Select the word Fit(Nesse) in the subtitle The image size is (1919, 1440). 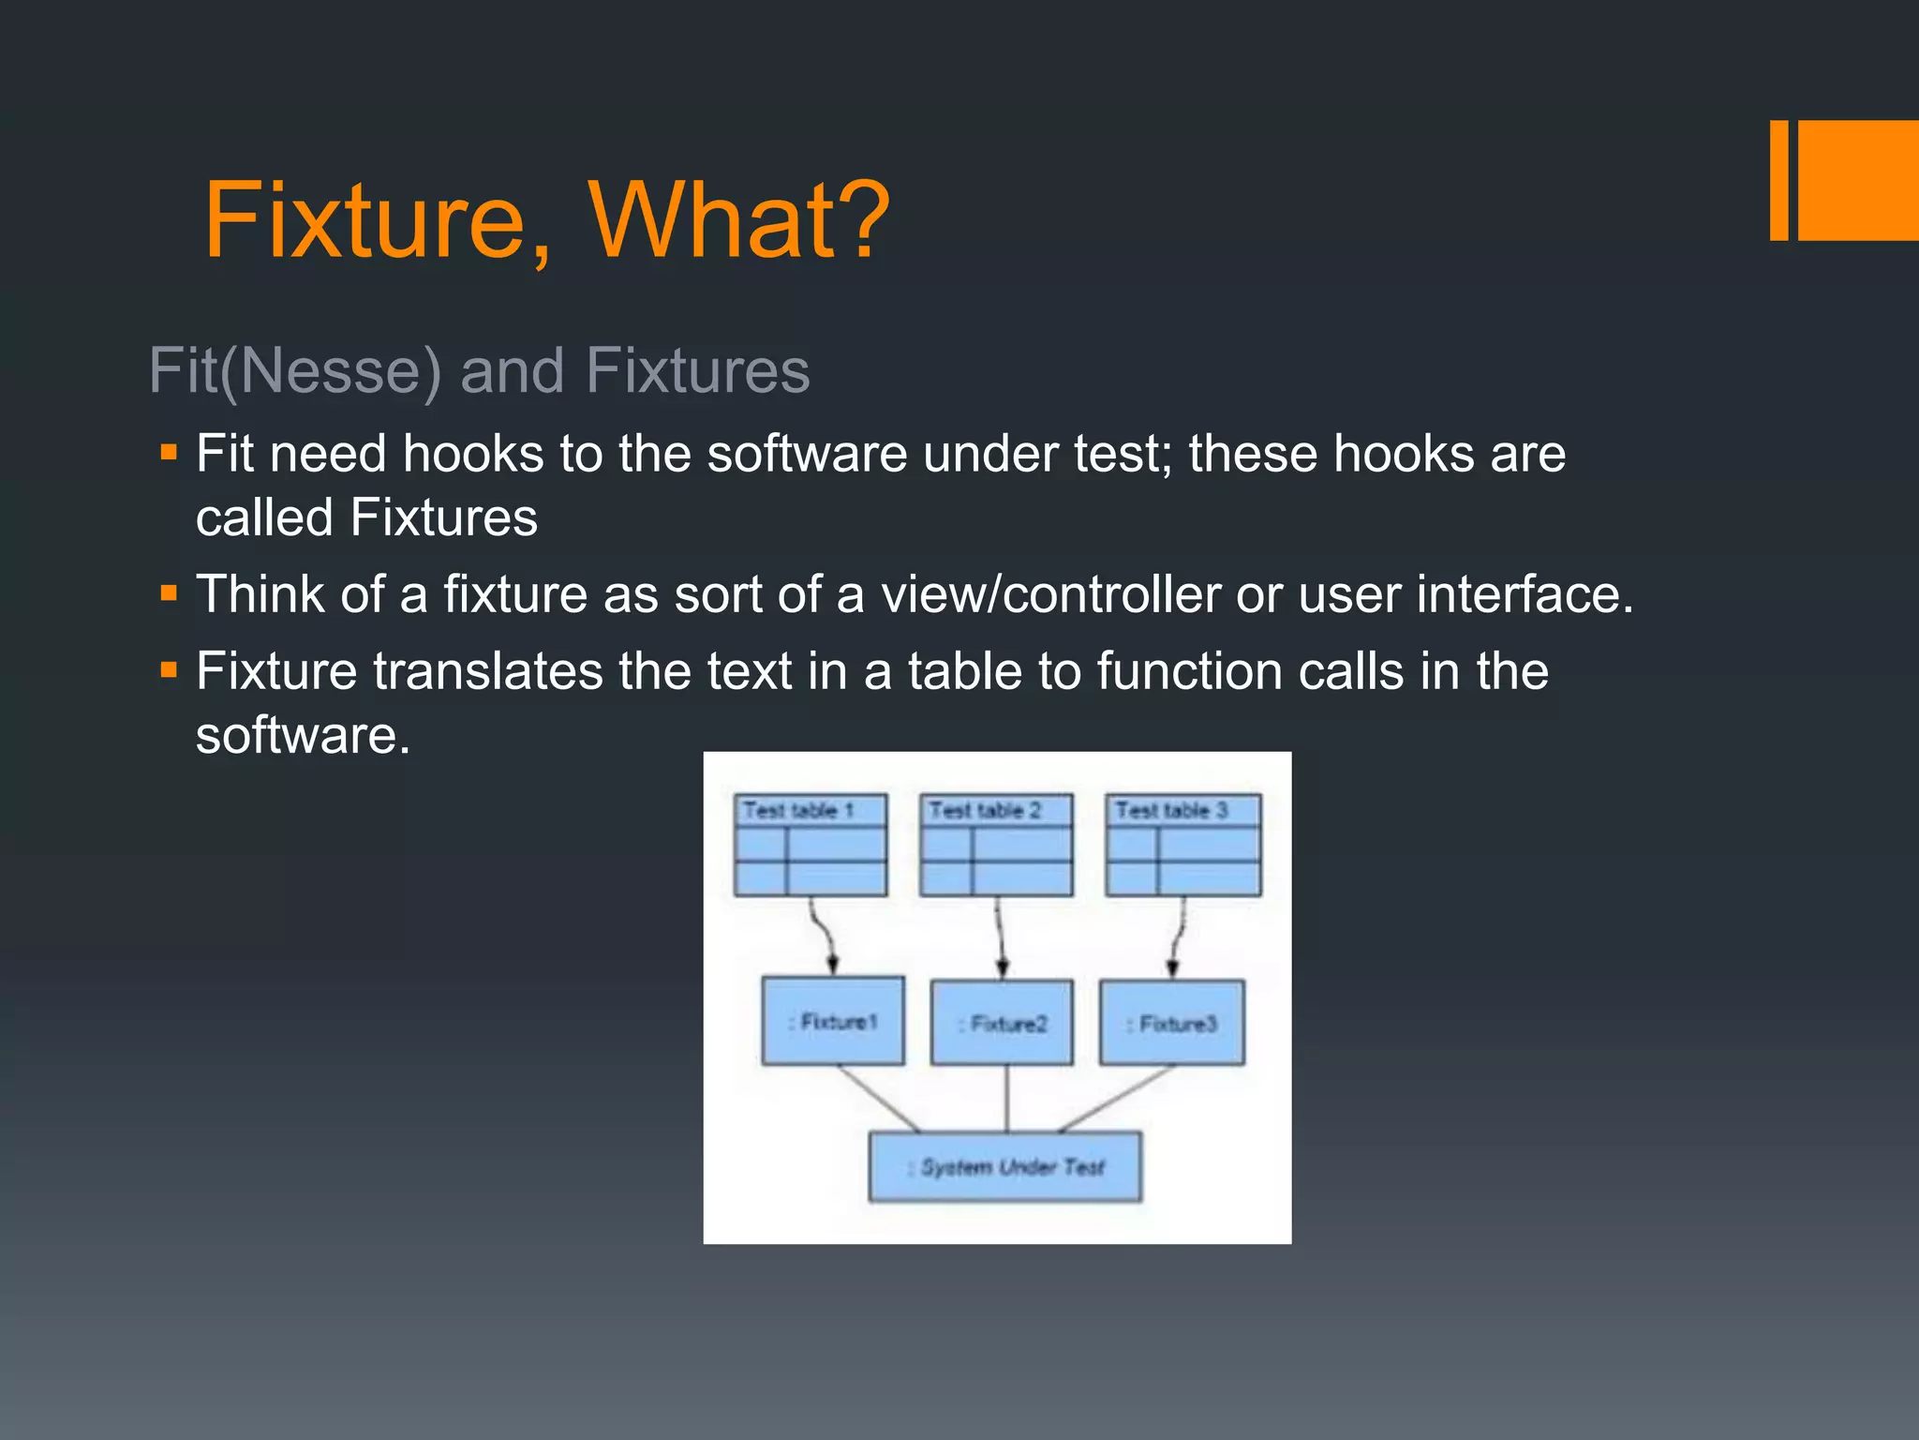[294, 371]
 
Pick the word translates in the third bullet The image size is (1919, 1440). [487, 672]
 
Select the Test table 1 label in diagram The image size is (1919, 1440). [798, 810]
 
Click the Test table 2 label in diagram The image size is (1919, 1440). [985, 810]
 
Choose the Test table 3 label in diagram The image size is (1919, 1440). [1171, 810]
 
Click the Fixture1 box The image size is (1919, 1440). [833, 1021]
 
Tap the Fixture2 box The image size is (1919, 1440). [1002, 1023]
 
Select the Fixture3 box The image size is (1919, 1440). [1171, 1023]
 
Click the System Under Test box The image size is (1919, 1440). [1005, 1167]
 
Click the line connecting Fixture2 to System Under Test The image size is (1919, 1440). [1006, 1099]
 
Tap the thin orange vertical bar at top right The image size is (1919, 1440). [1778, 180]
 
